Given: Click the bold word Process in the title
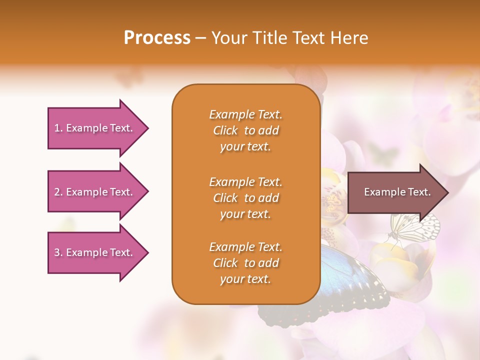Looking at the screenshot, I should [157, 38].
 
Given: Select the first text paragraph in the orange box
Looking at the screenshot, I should [245, 130].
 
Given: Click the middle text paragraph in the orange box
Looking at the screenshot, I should [245, 198].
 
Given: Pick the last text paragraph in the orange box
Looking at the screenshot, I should [245, 263].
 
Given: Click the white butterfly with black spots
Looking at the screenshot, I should [417, 227].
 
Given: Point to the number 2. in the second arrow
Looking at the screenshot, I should [58, 192].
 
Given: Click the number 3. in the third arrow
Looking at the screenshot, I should [58, 252].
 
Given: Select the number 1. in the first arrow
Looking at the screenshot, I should [58, 128].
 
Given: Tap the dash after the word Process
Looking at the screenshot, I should [200, 38].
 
